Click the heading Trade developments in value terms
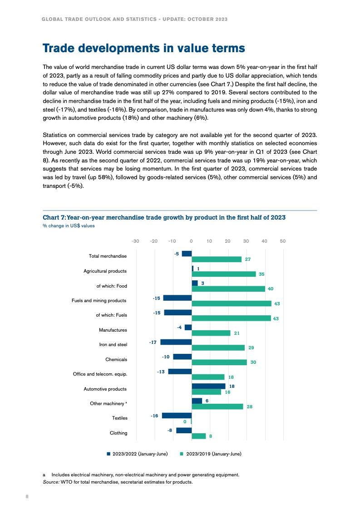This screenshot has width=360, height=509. [144, 48]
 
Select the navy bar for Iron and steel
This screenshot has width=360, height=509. [176, 342]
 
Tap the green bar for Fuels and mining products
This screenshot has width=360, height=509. [232, 303]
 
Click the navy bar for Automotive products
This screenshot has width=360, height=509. [208, 386]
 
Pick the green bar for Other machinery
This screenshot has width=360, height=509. [217, 406]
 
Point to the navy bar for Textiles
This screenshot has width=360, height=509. [177, 416]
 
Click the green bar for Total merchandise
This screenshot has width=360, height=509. [217, 259]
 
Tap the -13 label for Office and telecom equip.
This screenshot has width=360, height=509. [161, 372]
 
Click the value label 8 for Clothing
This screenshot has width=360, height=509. [211, 436]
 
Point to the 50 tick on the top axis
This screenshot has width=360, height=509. [282, 241]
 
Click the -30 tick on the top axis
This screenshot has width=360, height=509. [135, 241]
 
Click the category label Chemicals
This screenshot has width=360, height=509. [116, 359]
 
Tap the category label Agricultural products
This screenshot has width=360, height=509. [105, 271]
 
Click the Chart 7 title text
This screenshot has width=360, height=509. [164, 217]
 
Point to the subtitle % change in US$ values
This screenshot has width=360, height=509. [69, 226]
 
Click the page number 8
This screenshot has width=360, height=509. [27, 497]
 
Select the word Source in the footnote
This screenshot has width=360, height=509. [50, 482]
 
